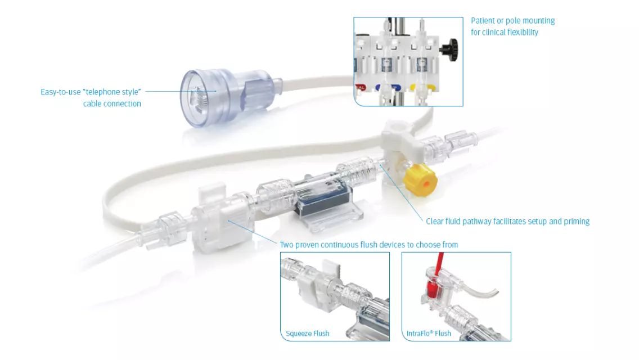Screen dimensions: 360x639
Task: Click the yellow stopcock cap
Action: pyautogui.click(x=420, y=179)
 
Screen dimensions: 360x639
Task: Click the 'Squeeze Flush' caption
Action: pyautogui.click(x=308, y=334)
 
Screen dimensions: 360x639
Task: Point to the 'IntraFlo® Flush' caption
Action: pyautogui.click(x=429, y=334)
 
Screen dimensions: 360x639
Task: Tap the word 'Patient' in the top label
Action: pyautogui.click(x=483, y=21)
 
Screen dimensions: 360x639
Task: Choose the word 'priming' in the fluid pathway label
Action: pyautogui.click(x=575, y=222)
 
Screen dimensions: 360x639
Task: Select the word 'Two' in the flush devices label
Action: pyautogui.click(x=287, y=245)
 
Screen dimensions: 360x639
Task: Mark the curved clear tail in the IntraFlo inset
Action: pyautogui.click(x=483, y=294)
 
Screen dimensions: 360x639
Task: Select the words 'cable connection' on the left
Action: pyautogui.click(x=112, y=103)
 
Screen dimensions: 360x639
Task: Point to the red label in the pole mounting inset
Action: pyautogui.click(x=360, y=88)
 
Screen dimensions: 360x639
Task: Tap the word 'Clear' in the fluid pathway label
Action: pyautogui.click(x=435, y=222)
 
